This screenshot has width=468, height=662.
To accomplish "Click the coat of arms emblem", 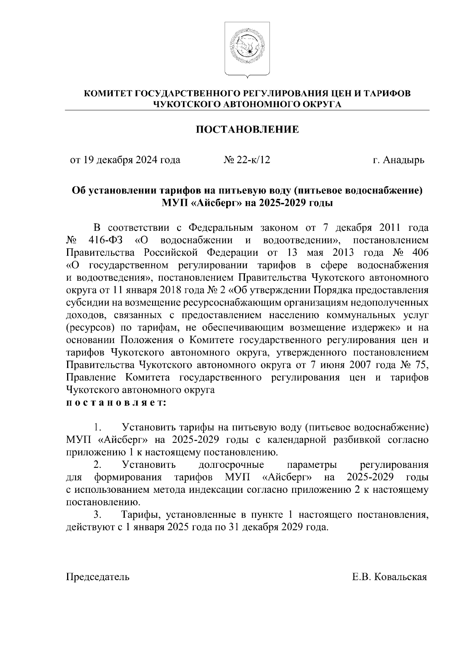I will tap(247, 50).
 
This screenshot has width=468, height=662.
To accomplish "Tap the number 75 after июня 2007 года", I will tap(421, 365).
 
